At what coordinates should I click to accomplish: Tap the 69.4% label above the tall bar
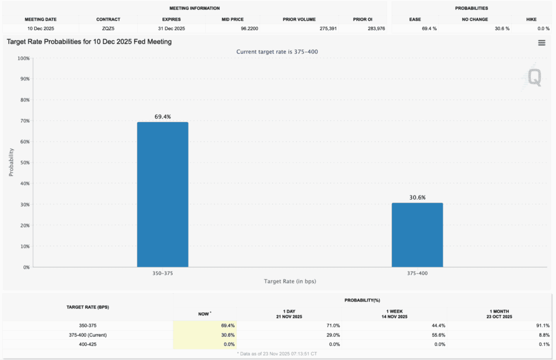162,117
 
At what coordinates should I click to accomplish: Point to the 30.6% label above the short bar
417,198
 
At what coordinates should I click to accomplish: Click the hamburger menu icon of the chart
541,43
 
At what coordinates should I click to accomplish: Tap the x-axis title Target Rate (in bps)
290,281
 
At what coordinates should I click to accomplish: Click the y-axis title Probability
11,162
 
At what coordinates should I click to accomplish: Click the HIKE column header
531,19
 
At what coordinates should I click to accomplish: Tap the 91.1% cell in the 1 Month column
541,325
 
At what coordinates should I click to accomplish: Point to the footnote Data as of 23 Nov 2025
278,353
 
